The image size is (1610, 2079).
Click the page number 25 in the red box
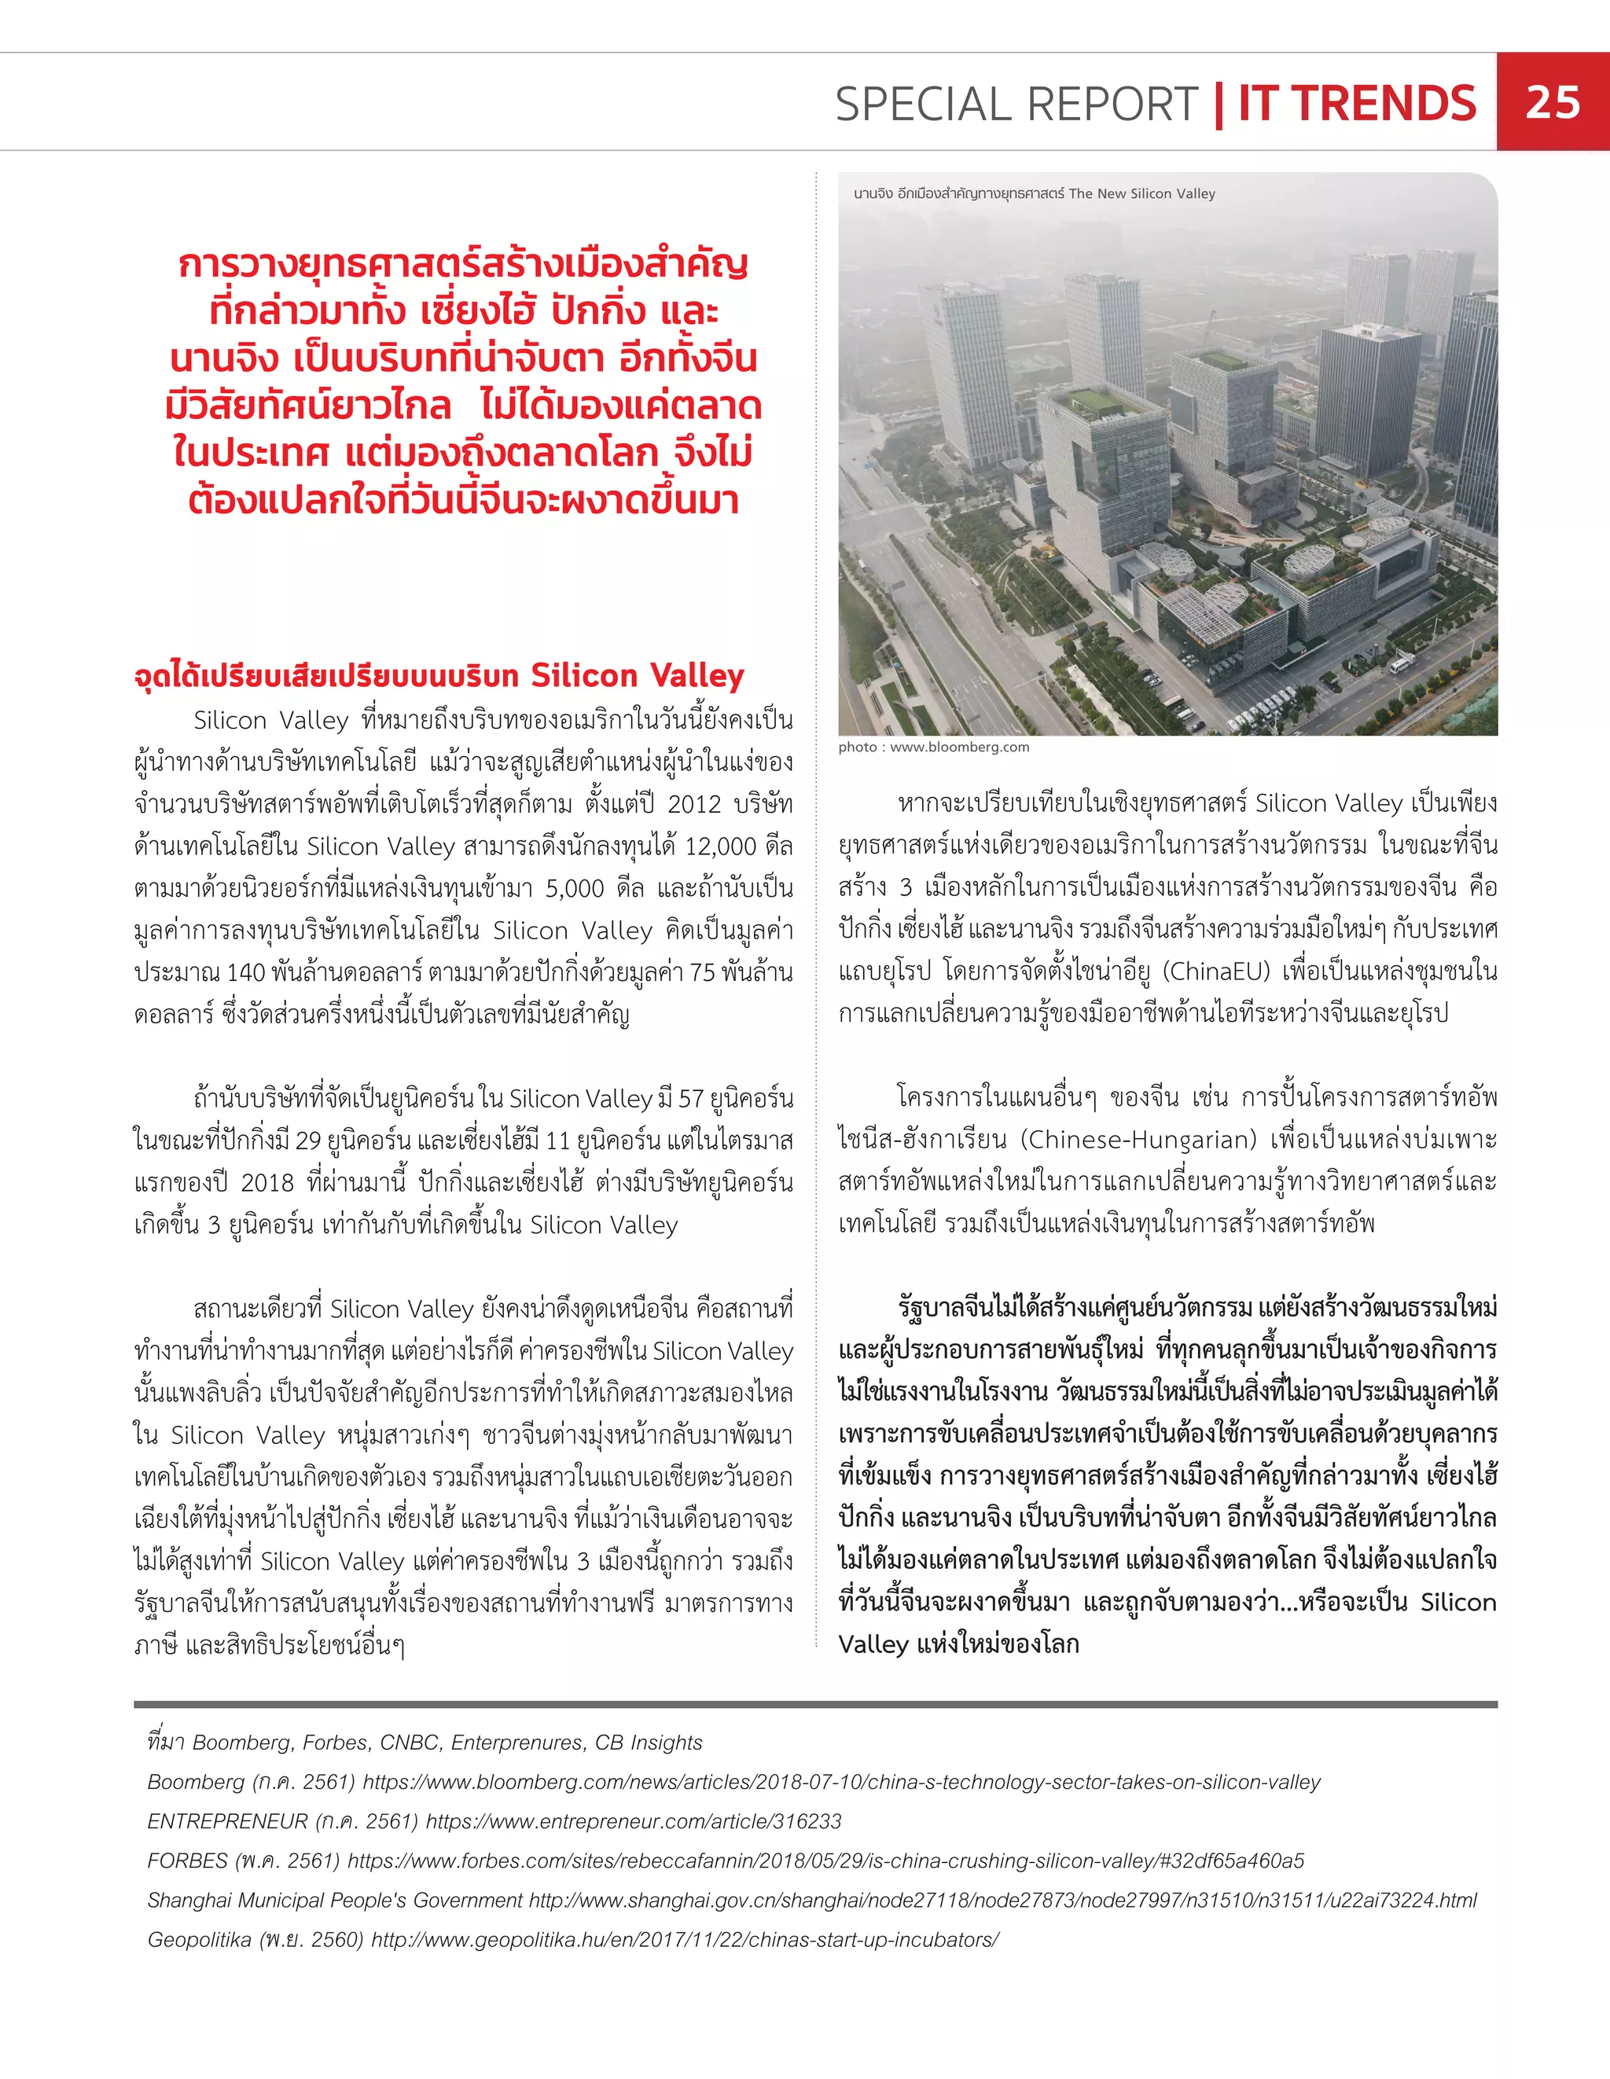[x=1552, y=103]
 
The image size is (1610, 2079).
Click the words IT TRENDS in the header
[x=1356, y=104]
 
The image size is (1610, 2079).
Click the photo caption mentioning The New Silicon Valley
[x=1034, y=193]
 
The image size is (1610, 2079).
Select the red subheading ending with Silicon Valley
[x=438, y=675]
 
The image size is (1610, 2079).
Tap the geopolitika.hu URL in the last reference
[x=684, y=1939]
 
